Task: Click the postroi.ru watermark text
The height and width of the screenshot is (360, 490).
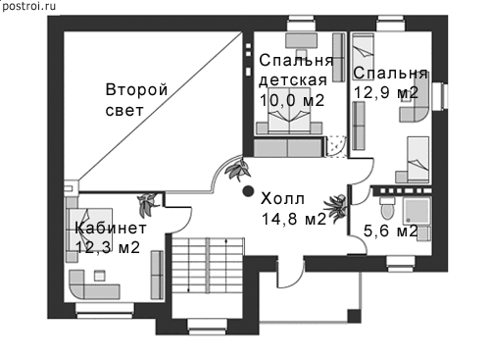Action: [x=28, y=6]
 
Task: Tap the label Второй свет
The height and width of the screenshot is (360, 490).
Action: [x=136, y=100]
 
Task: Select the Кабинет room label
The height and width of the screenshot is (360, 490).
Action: [x=111, y=228]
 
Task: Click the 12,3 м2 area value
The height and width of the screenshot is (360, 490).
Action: [x=108, y=247]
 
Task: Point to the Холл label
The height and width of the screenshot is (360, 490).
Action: [x=282, y=198]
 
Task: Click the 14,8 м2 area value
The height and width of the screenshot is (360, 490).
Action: [x=294, y=219]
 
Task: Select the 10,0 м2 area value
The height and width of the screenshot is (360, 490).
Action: [x=292, y=100]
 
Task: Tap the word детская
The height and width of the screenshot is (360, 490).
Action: [x=293, y=80]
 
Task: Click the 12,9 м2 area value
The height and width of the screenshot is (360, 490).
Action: [x=386, y=92]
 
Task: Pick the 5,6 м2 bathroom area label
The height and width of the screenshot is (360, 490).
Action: [x=391, y=231]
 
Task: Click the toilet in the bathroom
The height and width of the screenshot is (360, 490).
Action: [x=388, y=208]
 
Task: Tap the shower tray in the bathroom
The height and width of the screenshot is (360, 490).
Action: [x=416, y=211]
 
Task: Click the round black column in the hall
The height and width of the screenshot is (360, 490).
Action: [x=248, y=191]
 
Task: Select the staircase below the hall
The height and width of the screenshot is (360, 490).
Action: [x=208, y=265]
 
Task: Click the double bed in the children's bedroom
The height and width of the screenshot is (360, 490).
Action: [x=289, y=110]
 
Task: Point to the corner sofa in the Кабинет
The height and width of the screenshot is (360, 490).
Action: [x=94, y=284]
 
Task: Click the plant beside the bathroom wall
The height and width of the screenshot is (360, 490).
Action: [x=335, y=208]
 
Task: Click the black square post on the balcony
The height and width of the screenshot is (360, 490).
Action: [x=354, y=316]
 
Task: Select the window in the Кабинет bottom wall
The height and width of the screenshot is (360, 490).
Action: [x=105, y=310]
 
